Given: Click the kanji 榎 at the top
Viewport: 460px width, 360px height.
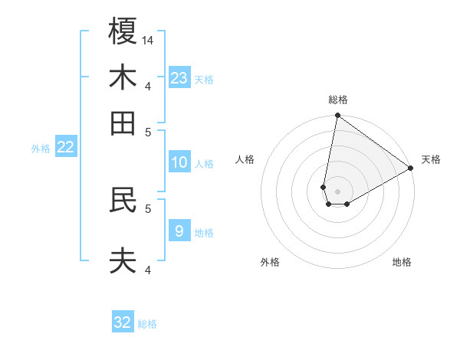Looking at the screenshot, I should (123, 31).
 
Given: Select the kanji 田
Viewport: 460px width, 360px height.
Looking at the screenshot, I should (123, 123).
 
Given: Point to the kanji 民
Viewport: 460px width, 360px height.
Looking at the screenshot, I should (123, 201).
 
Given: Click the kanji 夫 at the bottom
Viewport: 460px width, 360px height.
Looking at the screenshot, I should (123, 261).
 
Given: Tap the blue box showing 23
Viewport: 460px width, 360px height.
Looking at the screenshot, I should (179, 78).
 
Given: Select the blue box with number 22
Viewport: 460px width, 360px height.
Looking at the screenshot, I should (66, 147).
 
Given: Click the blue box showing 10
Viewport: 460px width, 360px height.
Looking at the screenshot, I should (179, 162).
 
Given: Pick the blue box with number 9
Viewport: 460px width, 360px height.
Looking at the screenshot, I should (179, 231).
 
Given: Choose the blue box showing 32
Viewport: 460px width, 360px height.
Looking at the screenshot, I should (123, 322).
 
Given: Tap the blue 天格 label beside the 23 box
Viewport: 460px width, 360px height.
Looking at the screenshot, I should (204, 79).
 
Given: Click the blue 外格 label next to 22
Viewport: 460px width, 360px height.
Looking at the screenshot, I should (40, 149).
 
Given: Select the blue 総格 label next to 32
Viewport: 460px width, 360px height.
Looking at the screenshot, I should (148, 324).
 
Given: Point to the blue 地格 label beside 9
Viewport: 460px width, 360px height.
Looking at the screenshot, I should (204, 232).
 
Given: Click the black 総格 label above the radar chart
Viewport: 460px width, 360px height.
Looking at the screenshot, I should (338, 100).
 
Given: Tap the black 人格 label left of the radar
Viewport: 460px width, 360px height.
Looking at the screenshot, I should (245, 159).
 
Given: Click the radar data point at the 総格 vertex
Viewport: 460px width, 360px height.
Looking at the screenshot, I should (337, 116).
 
